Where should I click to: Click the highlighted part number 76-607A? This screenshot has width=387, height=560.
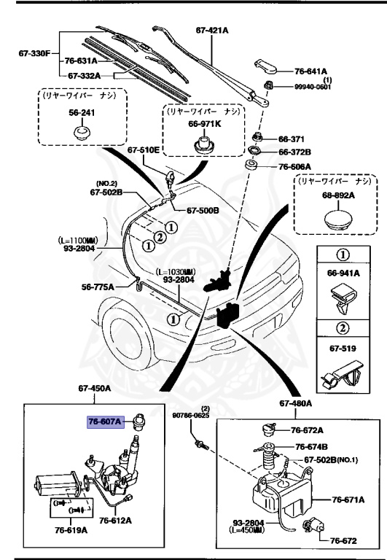106,421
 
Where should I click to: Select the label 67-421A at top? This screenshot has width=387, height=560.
213,31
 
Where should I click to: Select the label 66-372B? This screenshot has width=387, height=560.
294,152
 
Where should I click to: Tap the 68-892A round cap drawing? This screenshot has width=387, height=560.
335,221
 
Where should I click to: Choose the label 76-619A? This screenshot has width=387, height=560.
69,529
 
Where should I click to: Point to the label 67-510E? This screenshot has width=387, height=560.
144,151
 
